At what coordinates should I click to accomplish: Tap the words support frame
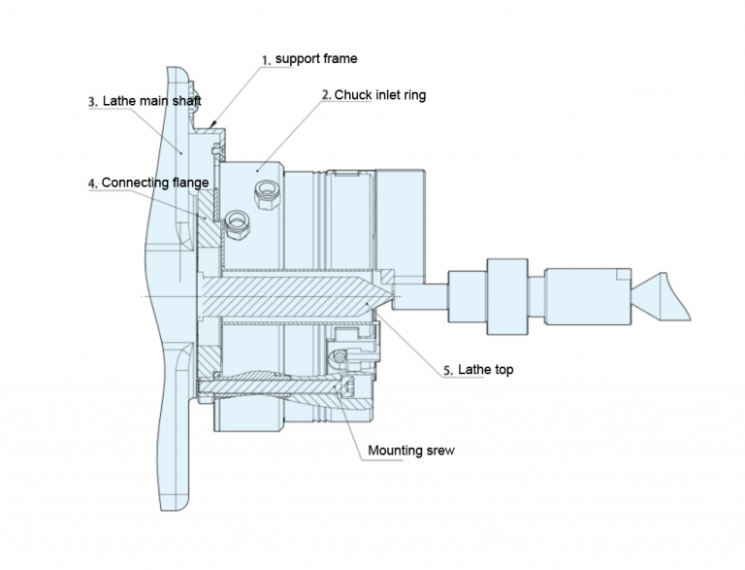[316, 59]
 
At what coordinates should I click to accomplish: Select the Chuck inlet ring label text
[380, 95]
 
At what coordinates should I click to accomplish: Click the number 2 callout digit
[326, 95]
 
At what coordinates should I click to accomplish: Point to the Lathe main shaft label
[151, 101]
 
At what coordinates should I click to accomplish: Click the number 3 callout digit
[92, 101]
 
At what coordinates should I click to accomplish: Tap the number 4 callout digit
[92, 182]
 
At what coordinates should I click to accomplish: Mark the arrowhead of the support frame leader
[215, 126]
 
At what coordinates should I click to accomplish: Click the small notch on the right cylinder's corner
[616, 274]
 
